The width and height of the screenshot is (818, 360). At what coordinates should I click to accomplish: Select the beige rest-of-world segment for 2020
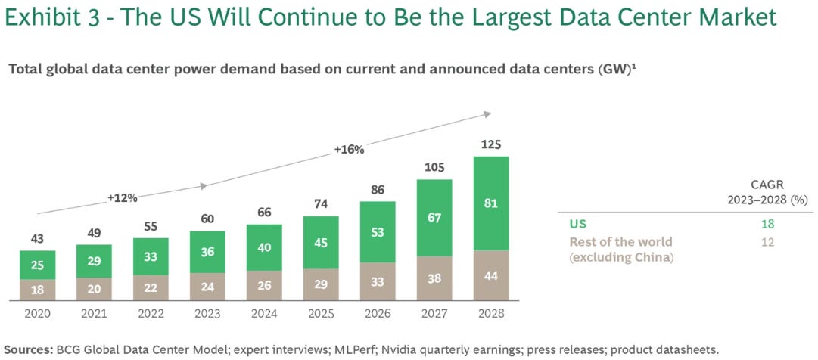(x=38, y=290)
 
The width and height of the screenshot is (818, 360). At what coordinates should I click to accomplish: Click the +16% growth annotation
(x=349, y=150)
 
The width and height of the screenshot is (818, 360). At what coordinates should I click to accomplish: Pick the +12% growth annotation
(x=122, y=197)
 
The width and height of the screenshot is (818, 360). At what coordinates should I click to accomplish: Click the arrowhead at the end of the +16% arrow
(x=487, y=114)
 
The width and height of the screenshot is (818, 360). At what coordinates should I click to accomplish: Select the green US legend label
(x=577, y=224)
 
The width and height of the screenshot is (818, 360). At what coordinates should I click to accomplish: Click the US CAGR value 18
(x=768, y=224)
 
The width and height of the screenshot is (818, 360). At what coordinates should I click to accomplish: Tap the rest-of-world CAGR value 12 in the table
(x=768, y=242)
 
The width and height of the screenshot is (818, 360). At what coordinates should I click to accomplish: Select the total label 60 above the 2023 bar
(x=207, y=219)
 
